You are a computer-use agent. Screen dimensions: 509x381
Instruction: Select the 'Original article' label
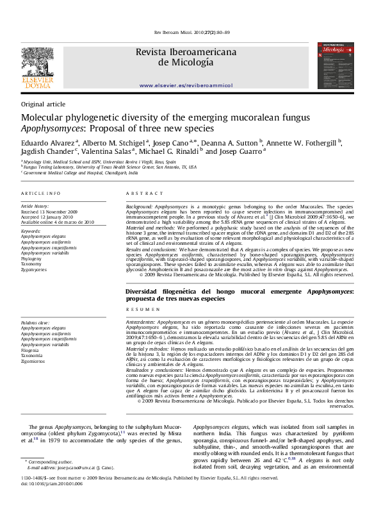(x=43, y=104)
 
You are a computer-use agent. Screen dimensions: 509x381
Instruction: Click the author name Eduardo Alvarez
(x=48, y=142)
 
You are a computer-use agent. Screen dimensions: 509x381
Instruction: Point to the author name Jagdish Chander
(x=47, y=152)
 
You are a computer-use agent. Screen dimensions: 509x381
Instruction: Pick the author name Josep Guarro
(x=241, y=152)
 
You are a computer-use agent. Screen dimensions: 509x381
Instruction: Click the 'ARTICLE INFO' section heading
(x=41, y=193)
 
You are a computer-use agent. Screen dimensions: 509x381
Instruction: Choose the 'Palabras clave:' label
(x=35, y=323)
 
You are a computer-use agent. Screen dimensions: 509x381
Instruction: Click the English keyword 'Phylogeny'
(x=32, y=258)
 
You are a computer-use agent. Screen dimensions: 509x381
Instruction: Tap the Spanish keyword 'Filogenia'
(x=30, y=351)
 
